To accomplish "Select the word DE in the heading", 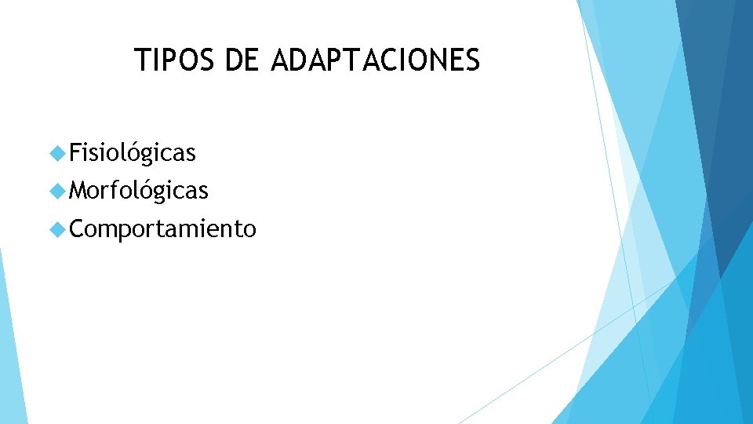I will click(x=241, y=60).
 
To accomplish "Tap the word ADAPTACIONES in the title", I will click(x=375, y=60).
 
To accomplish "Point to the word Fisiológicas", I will click(x=132, y=152).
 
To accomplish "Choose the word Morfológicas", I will click(x=138, y=190).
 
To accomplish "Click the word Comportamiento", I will click(x=162, y=228).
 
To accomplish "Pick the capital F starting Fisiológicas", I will click(x=75, y=152).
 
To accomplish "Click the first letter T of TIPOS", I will click(x=142, y=60).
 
